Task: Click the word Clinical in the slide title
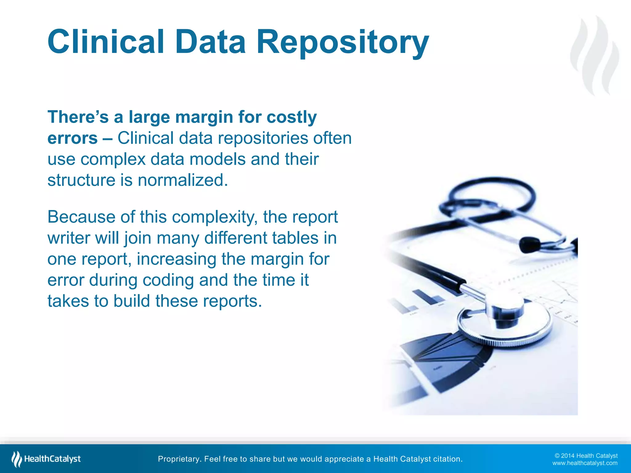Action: coord(106,42)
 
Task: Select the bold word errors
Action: coord(73,138)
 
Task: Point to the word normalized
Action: coord(183,180)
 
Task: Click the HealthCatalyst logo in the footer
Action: coord(46,459)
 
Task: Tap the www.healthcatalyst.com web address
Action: coord(584,463)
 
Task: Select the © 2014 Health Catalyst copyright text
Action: coord(586,456)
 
